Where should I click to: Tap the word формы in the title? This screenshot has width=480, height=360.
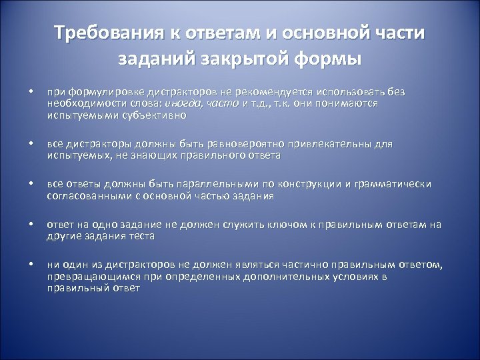pos(331,58)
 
